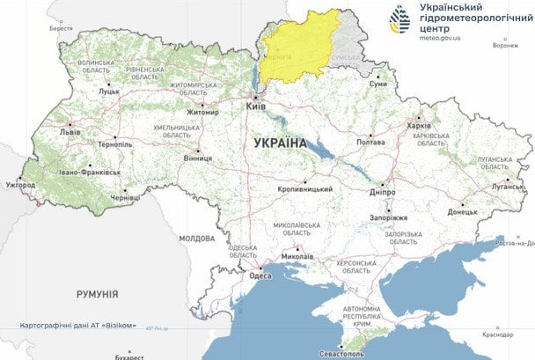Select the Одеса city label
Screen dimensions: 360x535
(260, 275)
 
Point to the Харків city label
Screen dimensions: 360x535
(421, 125)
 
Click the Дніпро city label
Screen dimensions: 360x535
(382, 191)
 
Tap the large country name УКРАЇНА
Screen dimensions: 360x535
(279, 142)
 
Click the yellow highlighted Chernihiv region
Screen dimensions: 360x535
(299, 48)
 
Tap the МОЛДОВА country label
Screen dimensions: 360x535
(196, 238)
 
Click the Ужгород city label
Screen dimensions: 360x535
(19, 186)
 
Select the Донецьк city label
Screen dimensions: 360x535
(461, 211)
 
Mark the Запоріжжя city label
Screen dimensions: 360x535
(386, 217)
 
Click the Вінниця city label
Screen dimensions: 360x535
(197, 158)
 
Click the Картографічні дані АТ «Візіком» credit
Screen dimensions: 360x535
(78, 326)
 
